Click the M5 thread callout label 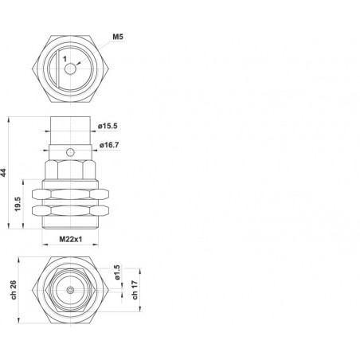[x=118, y=37]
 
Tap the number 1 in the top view [x=65, y=59]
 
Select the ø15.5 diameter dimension [x=108, y=126]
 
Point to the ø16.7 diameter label [x=109, y=145]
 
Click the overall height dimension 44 [x=3, y=173]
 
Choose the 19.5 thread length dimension [x=18, y=204]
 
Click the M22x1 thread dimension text [x=71, y=239]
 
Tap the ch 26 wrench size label [x=14, y=290]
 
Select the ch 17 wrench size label [x=135, y=290]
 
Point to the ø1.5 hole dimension [x=117, y=272]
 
